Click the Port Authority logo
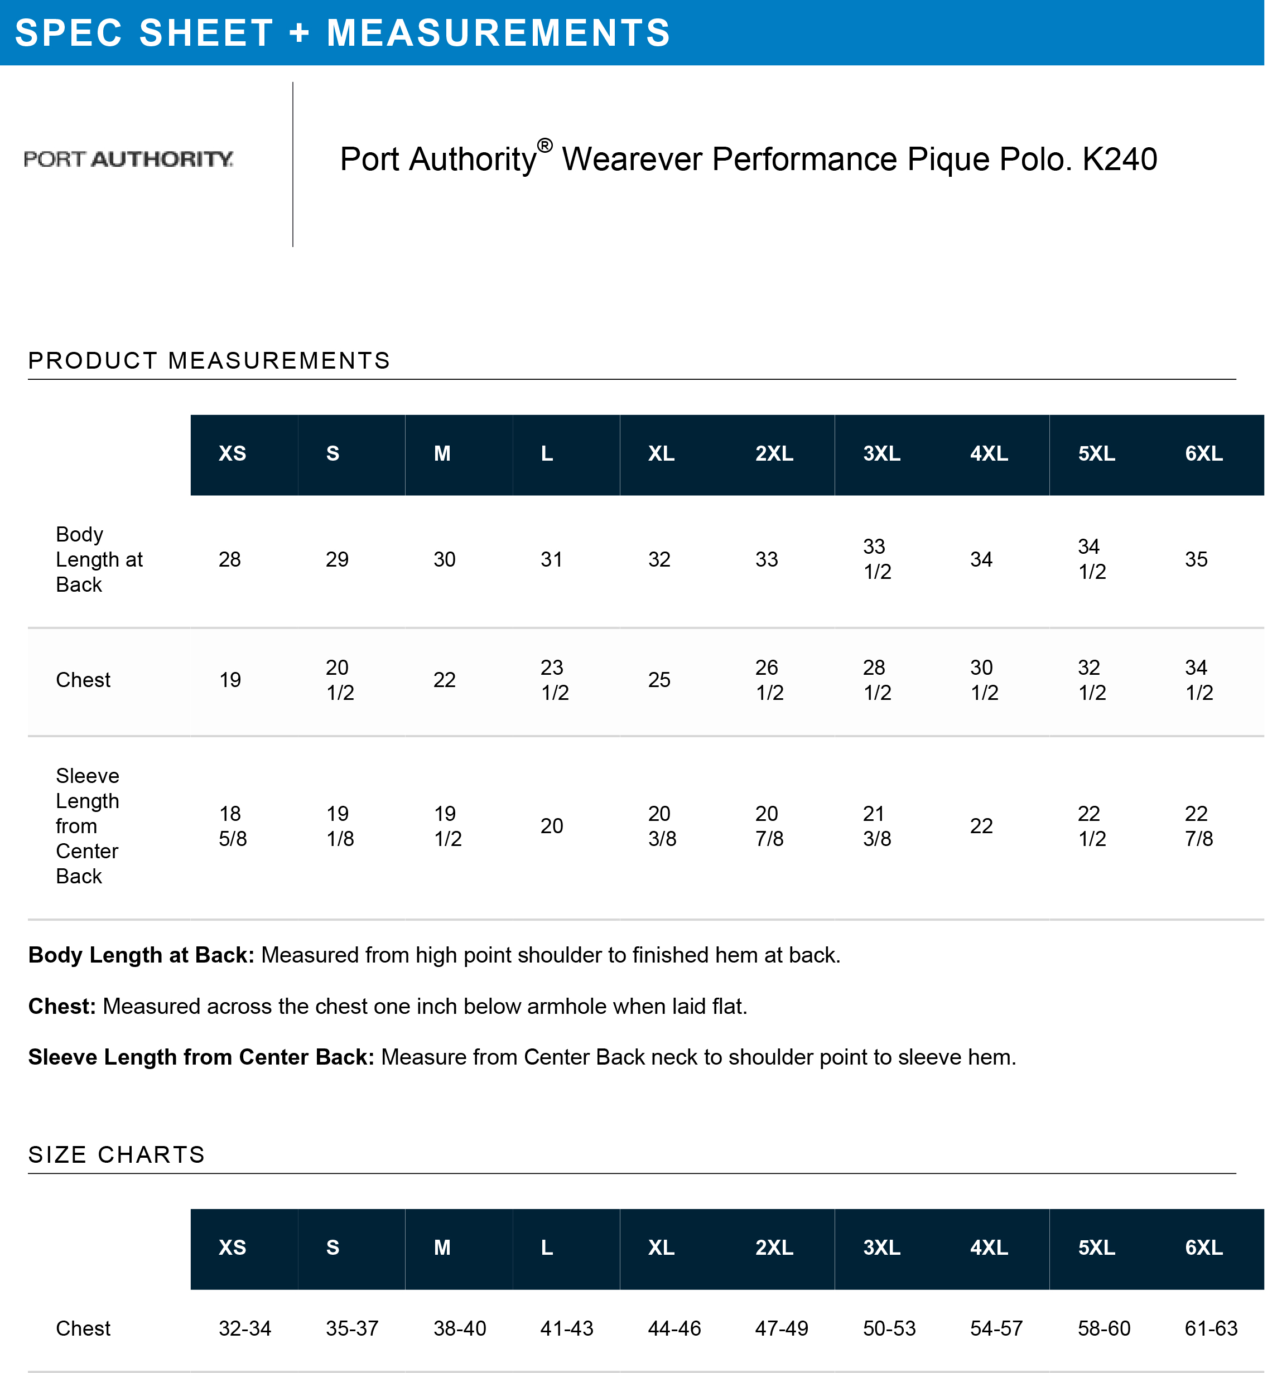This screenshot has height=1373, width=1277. point(128,159)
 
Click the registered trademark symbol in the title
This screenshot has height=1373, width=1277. point(544,146)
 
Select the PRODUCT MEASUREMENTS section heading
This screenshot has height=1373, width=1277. point(209,360)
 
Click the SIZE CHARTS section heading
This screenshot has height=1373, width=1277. point(117,1155)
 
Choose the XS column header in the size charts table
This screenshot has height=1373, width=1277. point(232,1248)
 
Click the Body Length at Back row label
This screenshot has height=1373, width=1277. point(99,559)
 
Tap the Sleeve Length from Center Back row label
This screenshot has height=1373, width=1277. point(87,826)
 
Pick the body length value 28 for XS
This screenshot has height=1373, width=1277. point(229,559)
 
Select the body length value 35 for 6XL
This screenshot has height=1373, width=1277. point(1196,559)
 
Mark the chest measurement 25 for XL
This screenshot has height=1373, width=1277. point(659,680)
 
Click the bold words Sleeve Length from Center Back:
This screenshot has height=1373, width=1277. point(201,1057)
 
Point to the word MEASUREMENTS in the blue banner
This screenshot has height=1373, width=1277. point(498,33)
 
